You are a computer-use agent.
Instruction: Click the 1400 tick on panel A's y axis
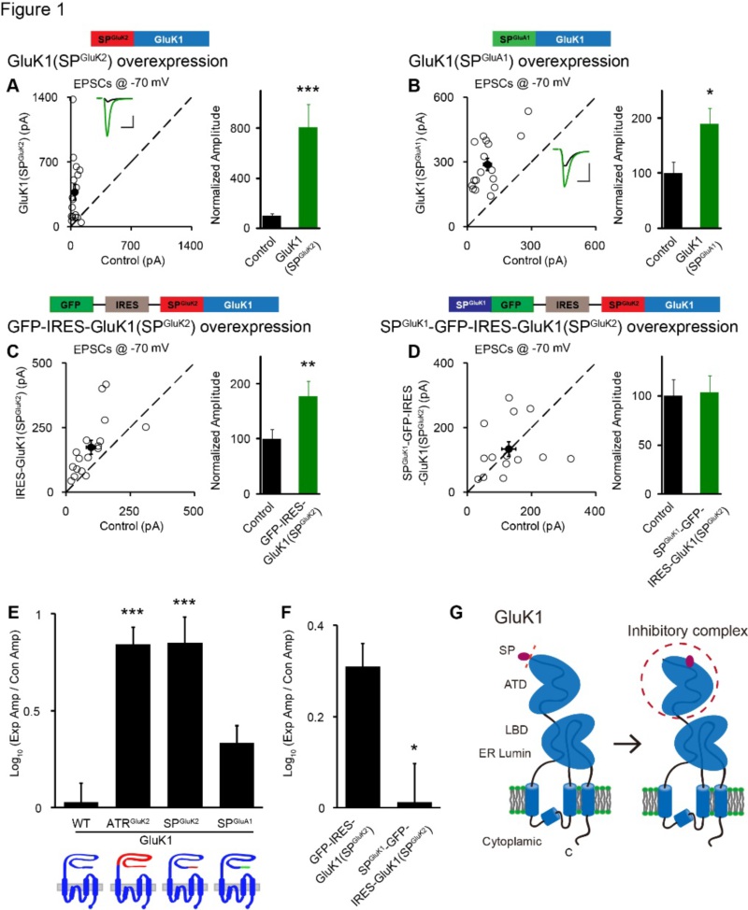coord(45,97)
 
